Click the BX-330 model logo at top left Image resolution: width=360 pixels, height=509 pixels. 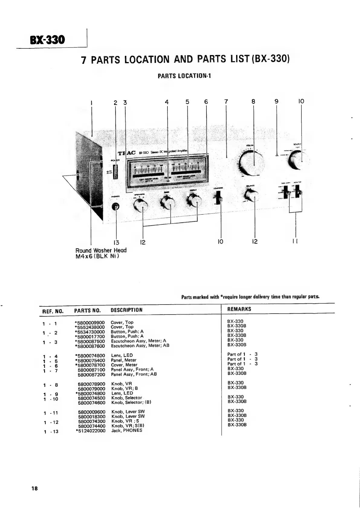(47, 39)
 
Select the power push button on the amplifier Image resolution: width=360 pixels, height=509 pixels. (115, 172)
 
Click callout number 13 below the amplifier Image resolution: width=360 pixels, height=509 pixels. (116, 242)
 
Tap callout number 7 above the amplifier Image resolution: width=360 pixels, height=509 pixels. (226, 102)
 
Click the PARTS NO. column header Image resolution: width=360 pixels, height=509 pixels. (87, 310)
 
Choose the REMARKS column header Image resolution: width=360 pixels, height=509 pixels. (239, 309)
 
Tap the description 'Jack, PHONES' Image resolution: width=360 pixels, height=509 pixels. (127, 430)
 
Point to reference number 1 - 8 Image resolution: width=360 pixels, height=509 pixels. (50, 385)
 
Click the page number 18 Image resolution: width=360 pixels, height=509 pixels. (34, 488)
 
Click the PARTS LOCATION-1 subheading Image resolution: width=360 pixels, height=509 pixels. (184, 76)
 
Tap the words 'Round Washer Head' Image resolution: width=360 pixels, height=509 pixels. (101, 250)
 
